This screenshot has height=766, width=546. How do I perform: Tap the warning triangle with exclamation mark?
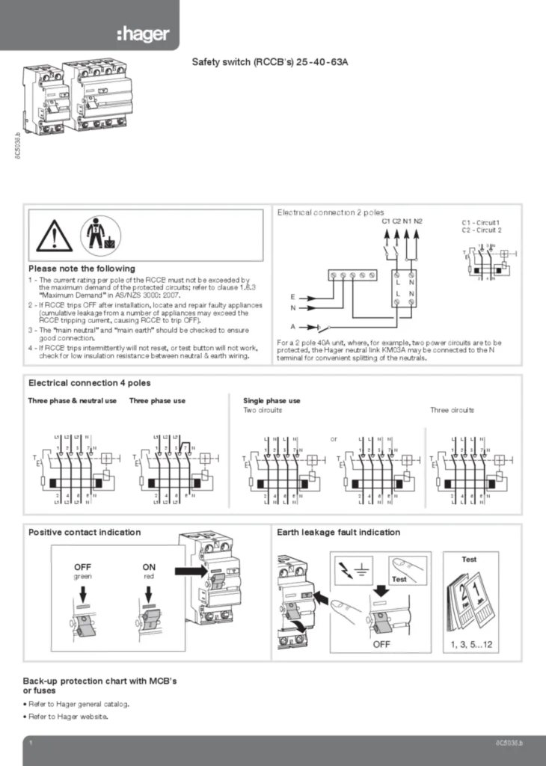(x=53, y=234)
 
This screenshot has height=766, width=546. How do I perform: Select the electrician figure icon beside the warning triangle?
(x=94, y=233)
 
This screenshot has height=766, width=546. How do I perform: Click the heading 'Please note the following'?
(x=82, y=269)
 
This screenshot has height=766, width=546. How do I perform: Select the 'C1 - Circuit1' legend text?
(x=482, y=222)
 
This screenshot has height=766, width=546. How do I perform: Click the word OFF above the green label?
(x=83, y=567)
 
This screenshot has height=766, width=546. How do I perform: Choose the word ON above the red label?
(x=149, y=567)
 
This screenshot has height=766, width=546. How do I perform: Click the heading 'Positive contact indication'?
(x=84, y=533)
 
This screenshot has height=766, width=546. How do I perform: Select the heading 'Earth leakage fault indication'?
(x=338, y=533)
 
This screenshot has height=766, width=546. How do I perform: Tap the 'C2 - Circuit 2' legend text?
(x=482, y=230)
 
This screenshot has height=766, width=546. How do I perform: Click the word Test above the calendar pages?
(x=469, y=559)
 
